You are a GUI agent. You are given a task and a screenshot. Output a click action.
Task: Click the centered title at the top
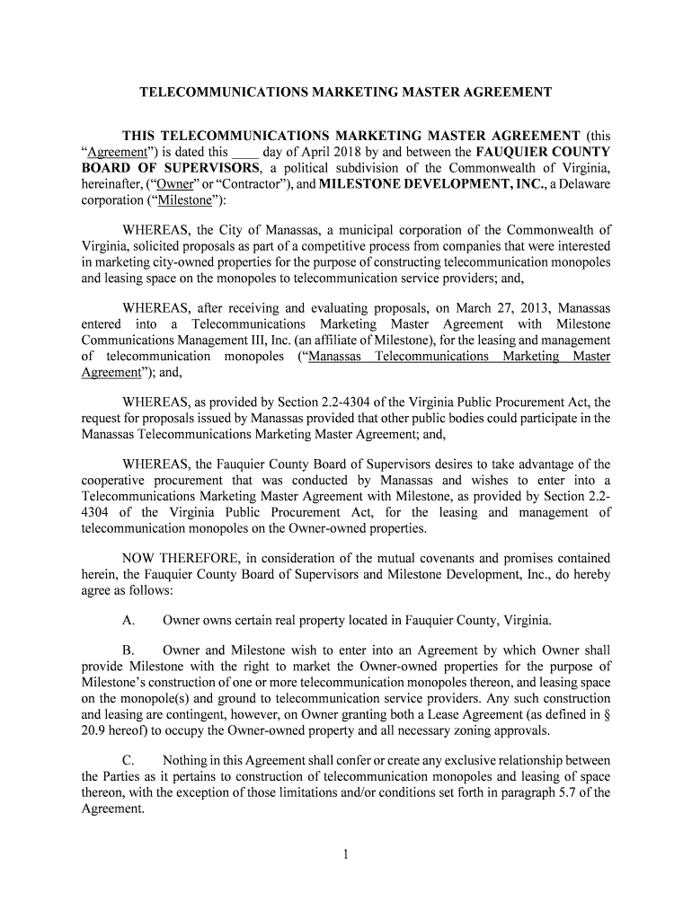345,93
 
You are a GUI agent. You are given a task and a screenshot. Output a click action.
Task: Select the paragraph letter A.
129,621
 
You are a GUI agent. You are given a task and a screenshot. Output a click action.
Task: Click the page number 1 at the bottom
345,854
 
